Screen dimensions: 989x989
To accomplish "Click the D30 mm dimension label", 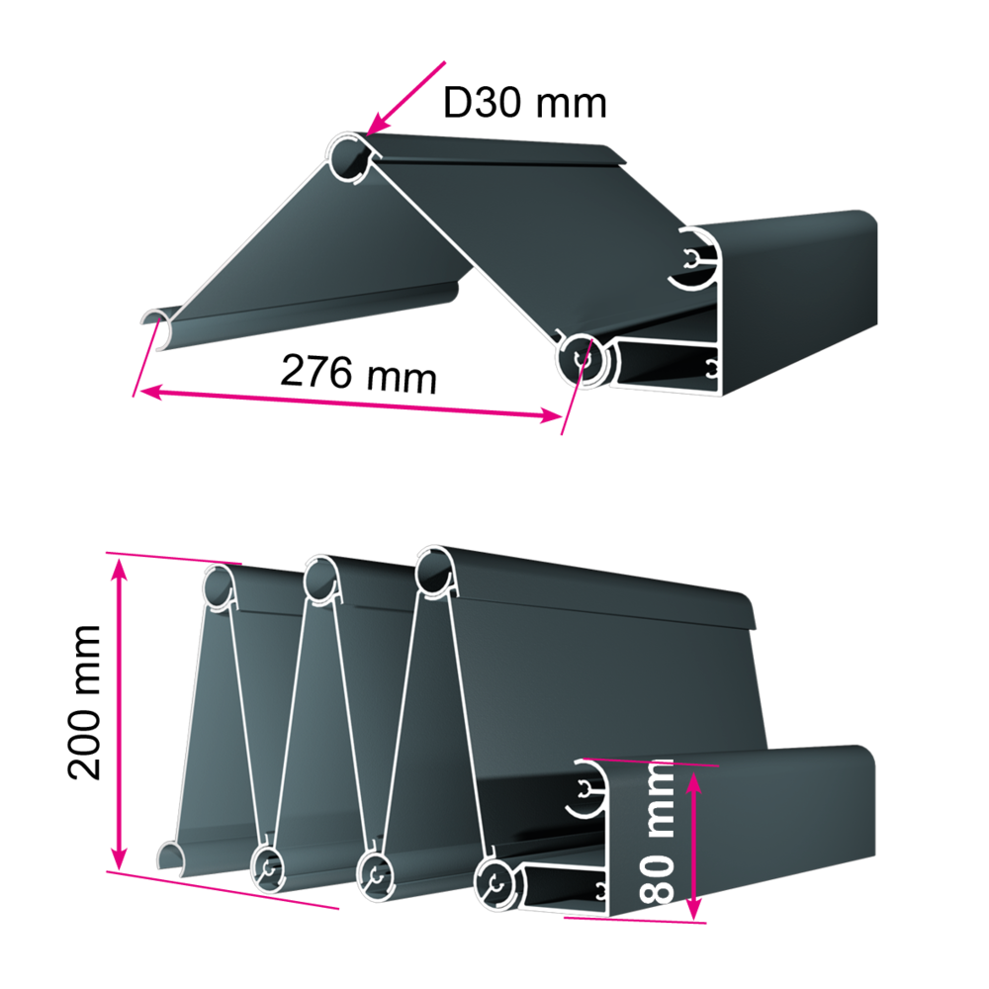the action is click(x=525, y=102).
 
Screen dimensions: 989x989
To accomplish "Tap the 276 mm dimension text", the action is click(x=358, y=374).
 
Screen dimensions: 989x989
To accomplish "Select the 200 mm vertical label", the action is click(x=84, y=702).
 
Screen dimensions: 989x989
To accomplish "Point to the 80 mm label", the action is click(x=657, y=832).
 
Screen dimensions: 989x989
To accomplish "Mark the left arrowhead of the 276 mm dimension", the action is click(x=151, y=393).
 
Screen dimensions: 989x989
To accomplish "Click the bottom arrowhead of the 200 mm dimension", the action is click(x=119, y=858).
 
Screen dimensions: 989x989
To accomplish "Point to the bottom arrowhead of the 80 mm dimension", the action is click(x=693, y=909).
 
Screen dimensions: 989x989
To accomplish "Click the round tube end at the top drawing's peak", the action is click(x=349, y=157).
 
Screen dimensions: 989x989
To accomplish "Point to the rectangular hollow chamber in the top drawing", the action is click(x=666, y=367).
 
